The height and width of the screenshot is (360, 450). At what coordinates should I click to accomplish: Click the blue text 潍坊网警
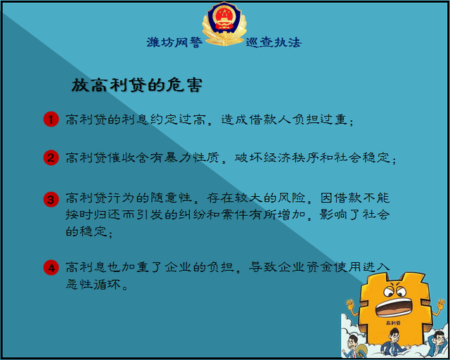(174, 42)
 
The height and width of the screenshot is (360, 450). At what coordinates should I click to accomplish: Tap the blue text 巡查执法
(274, 42)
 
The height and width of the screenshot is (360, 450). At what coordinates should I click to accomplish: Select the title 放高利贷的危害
(137, 85)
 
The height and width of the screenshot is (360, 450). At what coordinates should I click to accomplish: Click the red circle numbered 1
(51, 119)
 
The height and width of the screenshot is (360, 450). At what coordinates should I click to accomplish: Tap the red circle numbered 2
(51, 157)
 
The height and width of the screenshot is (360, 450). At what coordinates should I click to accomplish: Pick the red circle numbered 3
(51, 199)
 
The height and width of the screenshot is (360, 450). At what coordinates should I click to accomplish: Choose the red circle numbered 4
(51, 268)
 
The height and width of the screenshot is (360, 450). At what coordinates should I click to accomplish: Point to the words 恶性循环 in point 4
(94, 284)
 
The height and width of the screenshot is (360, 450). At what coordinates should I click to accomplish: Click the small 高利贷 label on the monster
(394, 323)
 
